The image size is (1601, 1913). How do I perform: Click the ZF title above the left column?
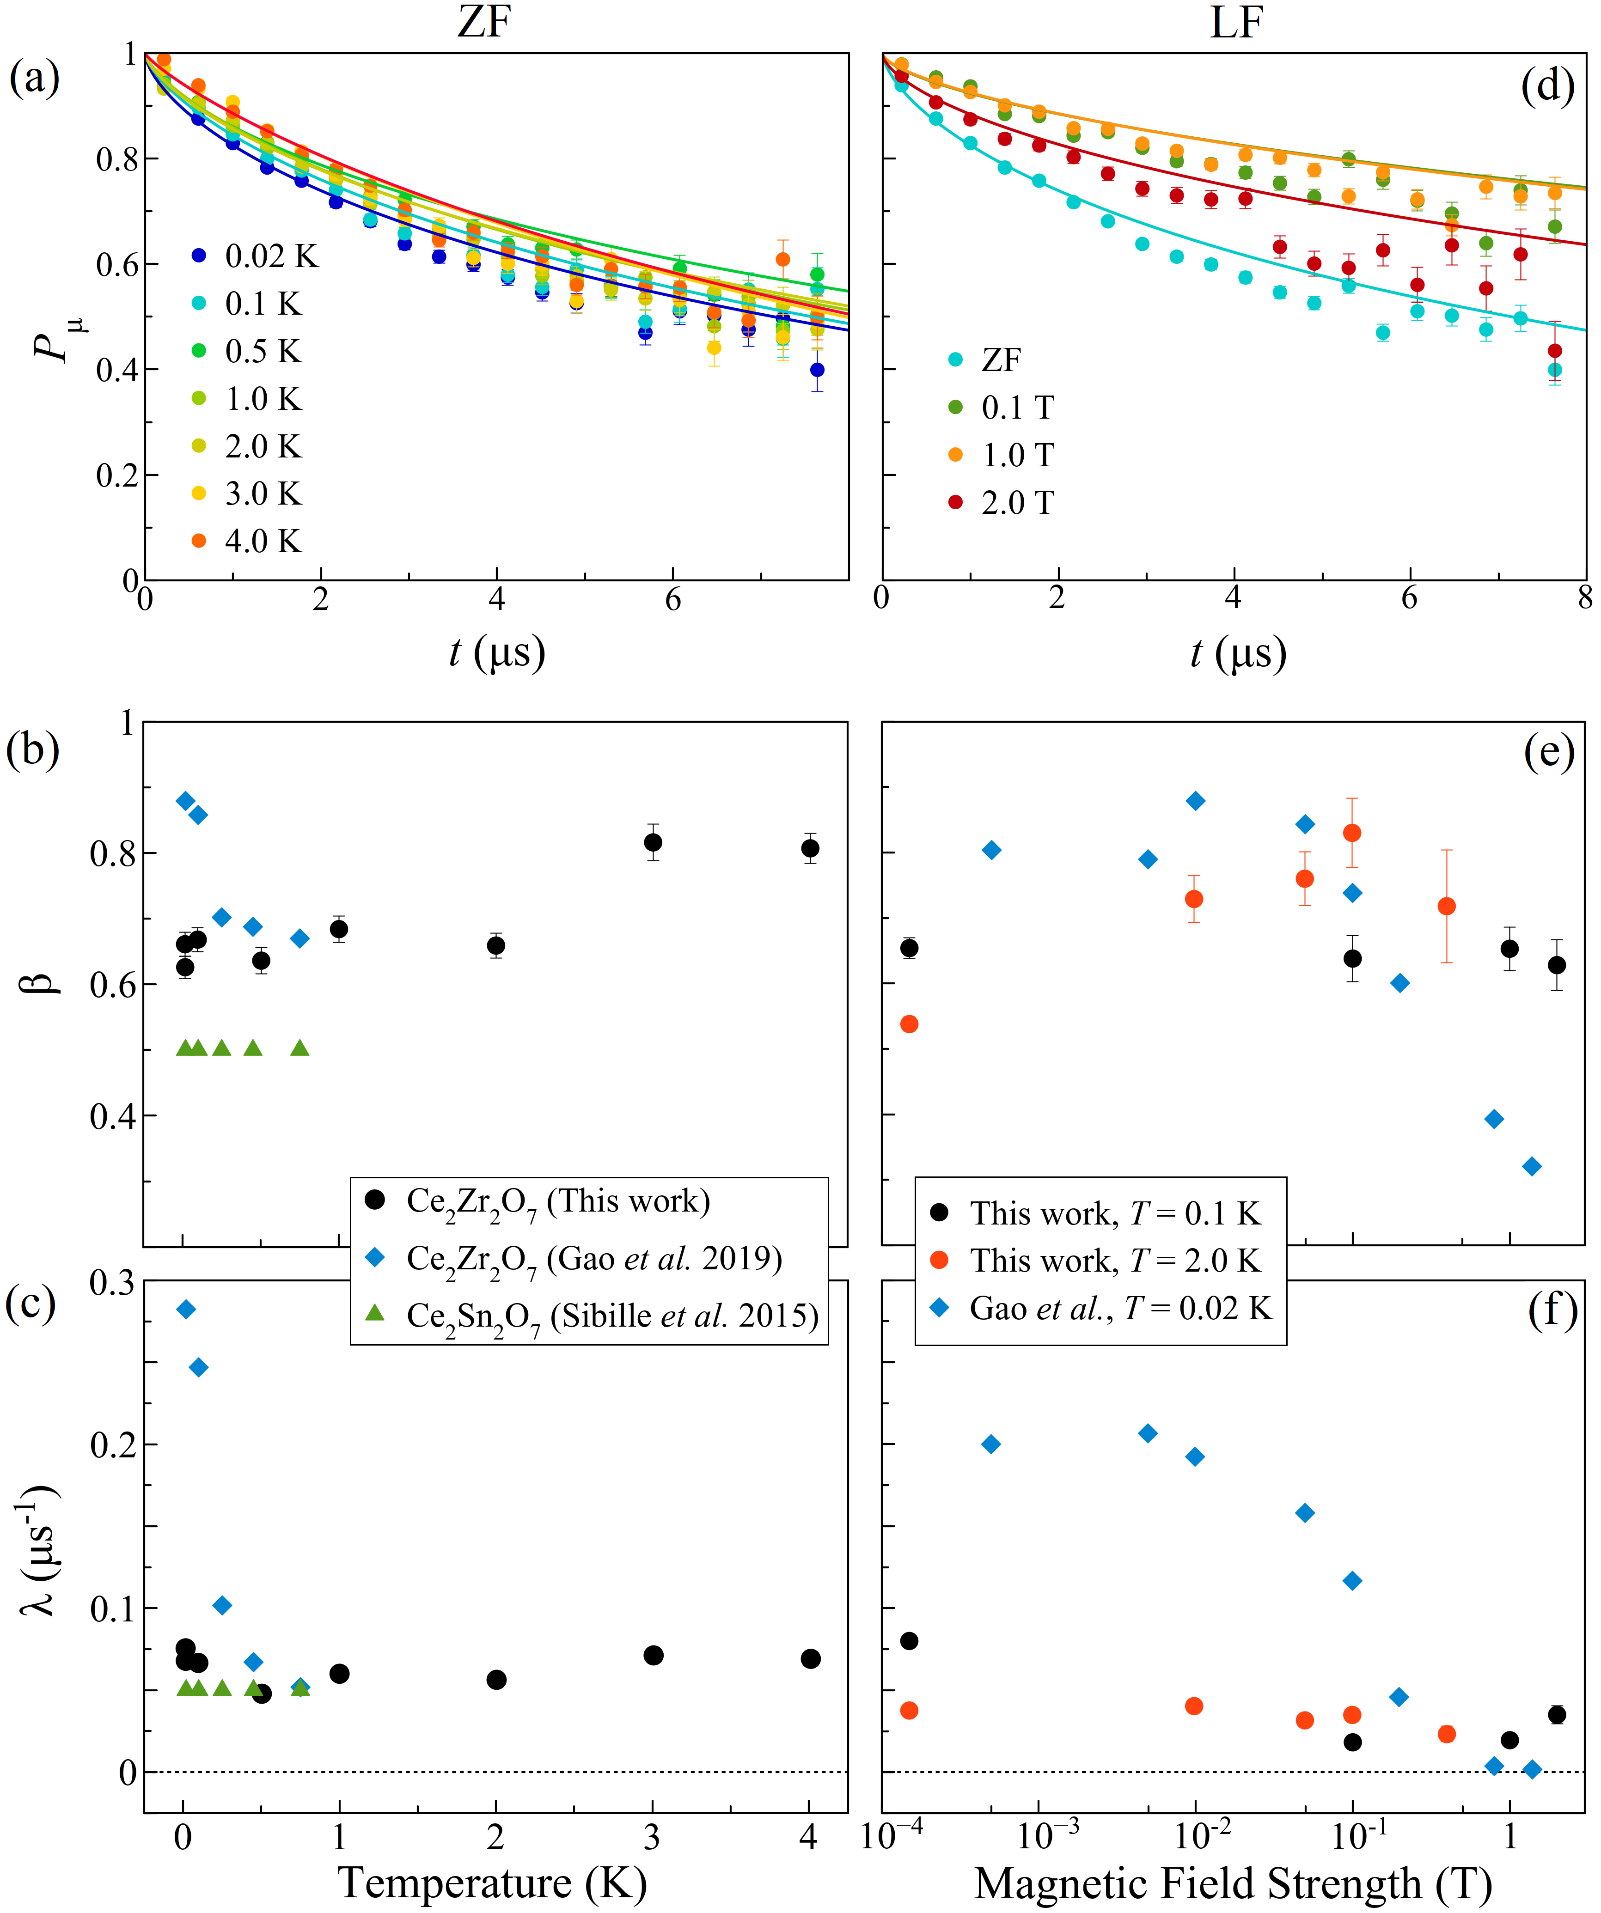click(484, 22)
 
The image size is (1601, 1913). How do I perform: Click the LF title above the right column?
click(1235, 22)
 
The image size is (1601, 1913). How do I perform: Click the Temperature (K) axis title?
click(493, 1882)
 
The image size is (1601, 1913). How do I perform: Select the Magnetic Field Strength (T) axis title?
click(1233, 1882)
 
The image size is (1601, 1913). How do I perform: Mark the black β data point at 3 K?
click(653, 843)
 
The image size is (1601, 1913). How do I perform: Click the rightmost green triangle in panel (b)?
click(300, 1048)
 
